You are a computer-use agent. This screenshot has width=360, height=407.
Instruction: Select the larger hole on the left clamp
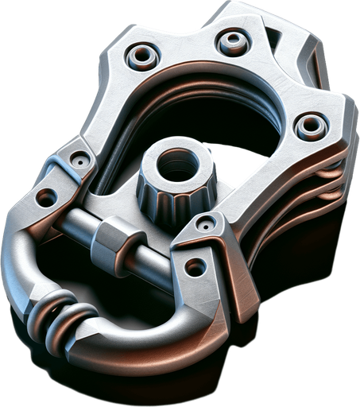click(45, 193)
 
